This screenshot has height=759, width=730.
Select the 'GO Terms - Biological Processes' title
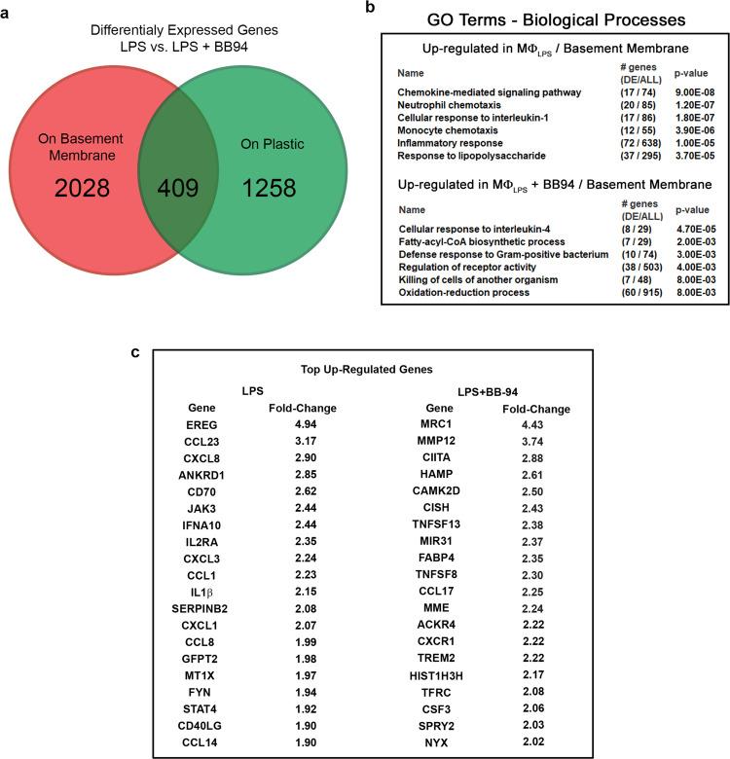[557, 19]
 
